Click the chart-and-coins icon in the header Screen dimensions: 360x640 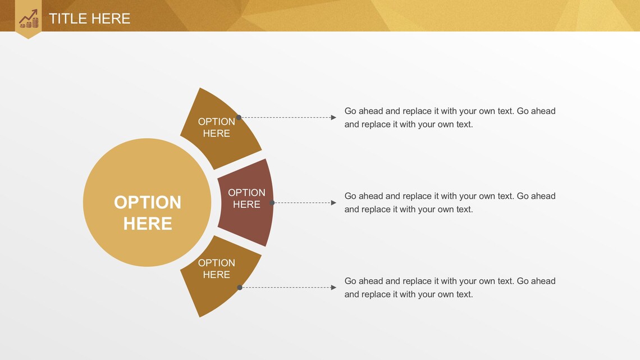tap(28, 19)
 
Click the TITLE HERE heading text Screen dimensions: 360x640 tap(89, 19)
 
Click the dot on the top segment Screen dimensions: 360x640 tap(239, 117)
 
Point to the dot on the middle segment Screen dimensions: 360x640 tap(272, 203)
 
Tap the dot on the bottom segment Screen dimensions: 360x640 tap(240, 288)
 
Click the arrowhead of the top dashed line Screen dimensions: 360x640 tap(333, 117)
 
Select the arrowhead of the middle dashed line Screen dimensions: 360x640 tap(333, 203)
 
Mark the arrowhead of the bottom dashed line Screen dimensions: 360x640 tap(333, 288)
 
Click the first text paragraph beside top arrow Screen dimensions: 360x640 tap(449, 117)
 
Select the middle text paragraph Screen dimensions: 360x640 tap(449, 202)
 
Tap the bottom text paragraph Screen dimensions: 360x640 tap(449, 288)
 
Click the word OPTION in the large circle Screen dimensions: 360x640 tap(148, 202)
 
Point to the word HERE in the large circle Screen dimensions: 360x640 tap(148, 224)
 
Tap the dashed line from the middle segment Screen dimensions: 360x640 tap(303, 203)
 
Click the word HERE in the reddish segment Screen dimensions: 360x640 tap(246, 205)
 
